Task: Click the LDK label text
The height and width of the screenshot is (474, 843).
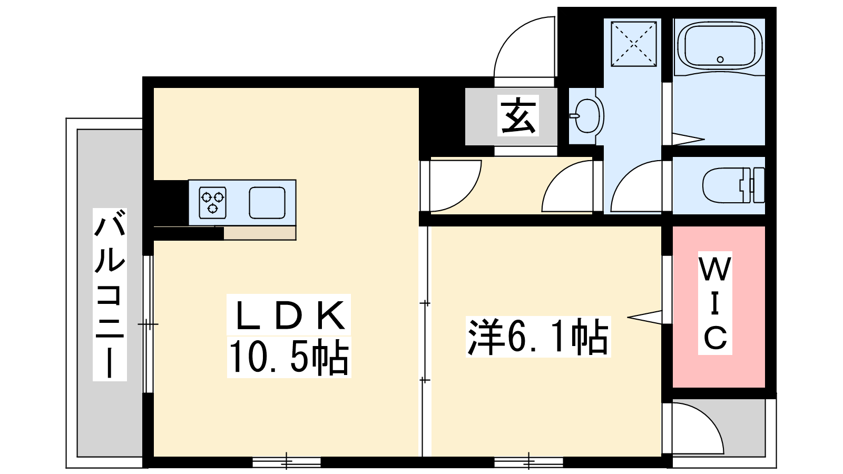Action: click(x=289, y=315)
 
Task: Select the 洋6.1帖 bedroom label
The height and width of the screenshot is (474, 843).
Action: click(x=538, y=337)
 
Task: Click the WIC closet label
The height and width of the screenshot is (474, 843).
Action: click(x=715, y=303)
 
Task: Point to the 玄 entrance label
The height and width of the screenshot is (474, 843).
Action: click(x=518, y=115)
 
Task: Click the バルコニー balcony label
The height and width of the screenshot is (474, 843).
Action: click(x=110, y=294)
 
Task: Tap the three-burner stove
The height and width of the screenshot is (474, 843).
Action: click(x=213, y=202)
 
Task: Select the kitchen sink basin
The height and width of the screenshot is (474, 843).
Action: click(x=267, y=202)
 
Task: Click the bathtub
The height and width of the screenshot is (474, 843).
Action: click(x=720, y=48)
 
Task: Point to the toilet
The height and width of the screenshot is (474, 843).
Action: click(x=733, y=185)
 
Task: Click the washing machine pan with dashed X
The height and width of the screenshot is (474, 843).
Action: click(x=634, y=44)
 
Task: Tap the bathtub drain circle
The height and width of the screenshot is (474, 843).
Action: click(x=720, y=60)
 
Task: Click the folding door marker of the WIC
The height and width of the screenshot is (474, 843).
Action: click(x=644, y=317)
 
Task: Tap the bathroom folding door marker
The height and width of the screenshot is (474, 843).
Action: click(x=688, y=139)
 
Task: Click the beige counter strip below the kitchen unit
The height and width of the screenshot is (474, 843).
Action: click(x=260, y=233)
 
